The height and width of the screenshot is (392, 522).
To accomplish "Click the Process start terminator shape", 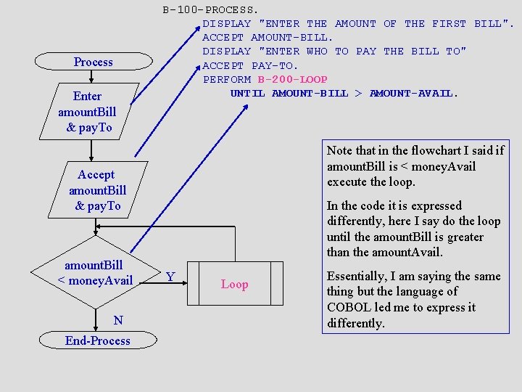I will (x=94, y=62).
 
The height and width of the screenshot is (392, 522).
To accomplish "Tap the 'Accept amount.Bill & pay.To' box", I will (x=97, y=190).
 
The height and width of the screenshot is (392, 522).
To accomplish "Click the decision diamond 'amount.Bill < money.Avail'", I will (x=95, y=273).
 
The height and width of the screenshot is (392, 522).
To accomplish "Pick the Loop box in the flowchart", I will (x=234, y=284).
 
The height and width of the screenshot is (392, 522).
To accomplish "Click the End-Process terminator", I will (x=97, y=340).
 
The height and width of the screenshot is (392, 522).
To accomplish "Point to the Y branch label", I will (x=170, y=277).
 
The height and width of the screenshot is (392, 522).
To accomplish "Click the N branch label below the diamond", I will (x=118, y=320).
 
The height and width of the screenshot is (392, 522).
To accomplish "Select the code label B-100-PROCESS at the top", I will (x=210, y=10).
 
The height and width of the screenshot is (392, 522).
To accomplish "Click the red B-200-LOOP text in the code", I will (x=292, y=79).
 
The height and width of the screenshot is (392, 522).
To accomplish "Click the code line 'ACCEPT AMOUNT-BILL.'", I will (x=268, y=38).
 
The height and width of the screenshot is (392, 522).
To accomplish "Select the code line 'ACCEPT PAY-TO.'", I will (x=250, y=65).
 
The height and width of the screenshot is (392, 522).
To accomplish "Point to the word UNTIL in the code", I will (x=247, y=93).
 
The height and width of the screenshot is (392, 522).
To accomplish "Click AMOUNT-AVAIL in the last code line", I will (x=414, y=93).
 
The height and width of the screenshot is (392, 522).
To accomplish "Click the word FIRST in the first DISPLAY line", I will (x=449, y=24).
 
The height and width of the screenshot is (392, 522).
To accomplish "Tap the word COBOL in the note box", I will (x=349, y=307).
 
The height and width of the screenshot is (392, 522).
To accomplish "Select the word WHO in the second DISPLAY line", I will (x=317, y=52).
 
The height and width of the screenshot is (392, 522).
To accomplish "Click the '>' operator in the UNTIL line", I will (x=358, y=93).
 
